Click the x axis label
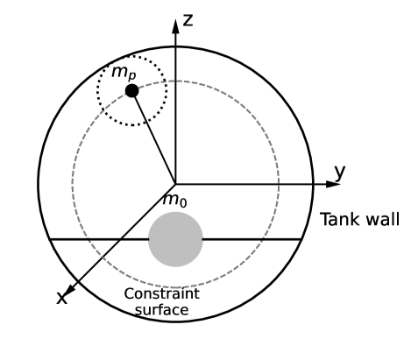pyautogui.click(x=61, y=298)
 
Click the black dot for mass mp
pyautogui.click(x=131, y=91)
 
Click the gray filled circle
pyautogui.click(x=175, y=239)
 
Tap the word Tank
pyautogui.click(x=337, y=219)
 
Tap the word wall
pyautogui.click(x=373, y=219)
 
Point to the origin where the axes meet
pyautogui.click(x=176, y=184)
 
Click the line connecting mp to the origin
pyautogui.click(x=154, y=138)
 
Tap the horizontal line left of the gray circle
pyautogui.click(x=96, y=239)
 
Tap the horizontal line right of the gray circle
pyautogui.click(x=254, y=239)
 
